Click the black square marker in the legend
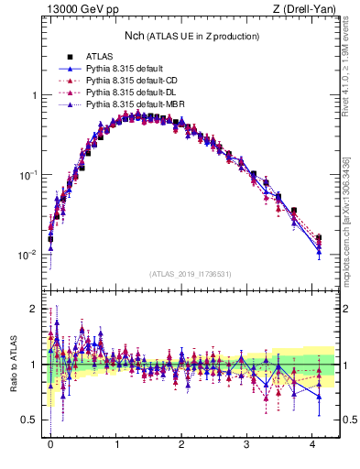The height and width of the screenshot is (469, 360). click(x=69, y=57)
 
